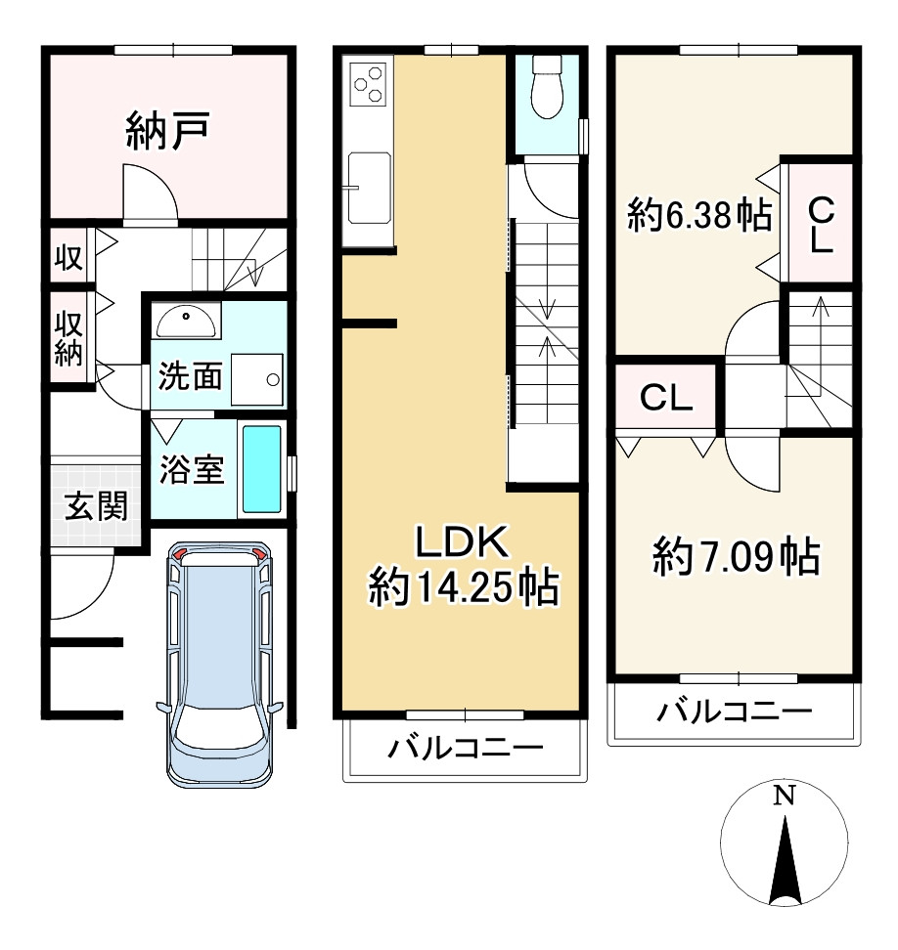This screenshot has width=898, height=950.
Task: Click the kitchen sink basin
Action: tap(368, 186)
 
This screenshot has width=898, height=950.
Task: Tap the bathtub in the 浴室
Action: tap(261, 468)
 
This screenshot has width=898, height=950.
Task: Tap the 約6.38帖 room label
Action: tap(697, 215)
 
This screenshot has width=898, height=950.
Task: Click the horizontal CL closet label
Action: tap(666, 398)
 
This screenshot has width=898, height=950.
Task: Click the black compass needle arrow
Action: tap(786, 859)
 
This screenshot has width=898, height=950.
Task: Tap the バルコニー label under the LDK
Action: tap(465, 750)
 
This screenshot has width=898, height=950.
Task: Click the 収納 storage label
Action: tap(67, 337)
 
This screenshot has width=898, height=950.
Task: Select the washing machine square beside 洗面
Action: tap(257, 377)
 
